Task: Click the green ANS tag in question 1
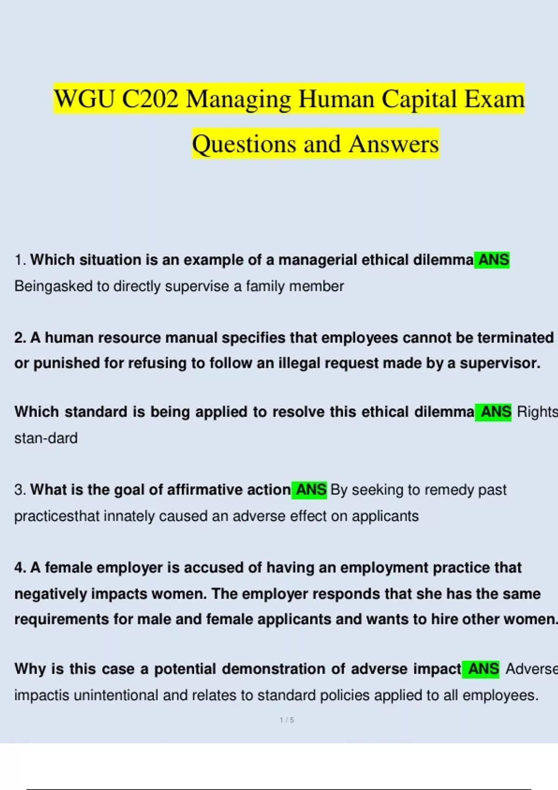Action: pyautogui.click(x=493, y=260)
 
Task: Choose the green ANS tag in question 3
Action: pyautogui.click(x=311, y=490)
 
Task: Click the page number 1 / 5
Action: pyautogui.click(x=286, y=720)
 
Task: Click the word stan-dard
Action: pyautogui.click(x=46, y=438)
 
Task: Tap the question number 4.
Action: pyautogui.click(x=20, y=568)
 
